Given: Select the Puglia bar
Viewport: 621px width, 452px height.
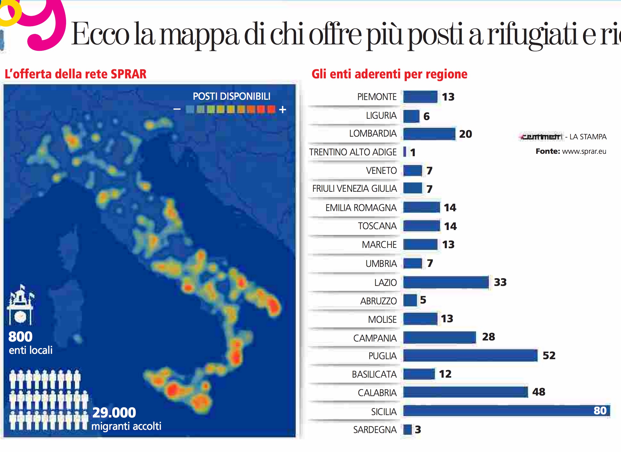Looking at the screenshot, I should pos(470,355).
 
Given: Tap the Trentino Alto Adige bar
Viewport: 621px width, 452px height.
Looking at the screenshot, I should pos(405,152).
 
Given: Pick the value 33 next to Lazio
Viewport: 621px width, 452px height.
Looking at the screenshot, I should pos(500,282).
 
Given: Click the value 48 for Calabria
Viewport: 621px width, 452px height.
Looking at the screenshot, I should pos(538,392).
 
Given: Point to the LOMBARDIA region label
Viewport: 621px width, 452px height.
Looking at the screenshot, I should pos(373,134).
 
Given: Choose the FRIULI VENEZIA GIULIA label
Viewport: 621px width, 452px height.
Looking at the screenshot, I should pos(354,189).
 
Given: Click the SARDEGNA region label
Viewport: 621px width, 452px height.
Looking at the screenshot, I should pos(375,430).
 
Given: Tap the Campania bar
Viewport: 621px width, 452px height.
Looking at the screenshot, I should pos(439,337).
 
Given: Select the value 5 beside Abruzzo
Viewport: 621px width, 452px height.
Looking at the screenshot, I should pos(423,300).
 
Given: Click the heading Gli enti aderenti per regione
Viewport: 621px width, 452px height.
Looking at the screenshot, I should pos(389,74).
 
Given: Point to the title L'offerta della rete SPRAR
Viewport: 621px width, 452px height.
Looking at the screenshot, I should pos(76,74).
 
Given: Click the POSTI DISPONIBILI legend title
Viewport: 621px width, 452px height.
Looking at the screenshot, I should pos(231,96).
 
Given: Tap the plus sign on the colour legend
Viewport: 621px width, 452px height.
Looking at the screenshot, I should pos(283,110).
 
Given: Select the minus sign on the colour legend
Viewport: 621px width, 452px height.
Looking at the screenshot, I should pos(177,109).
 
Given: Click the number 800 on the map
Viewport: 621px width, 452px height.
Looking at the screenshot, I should pos(20,337).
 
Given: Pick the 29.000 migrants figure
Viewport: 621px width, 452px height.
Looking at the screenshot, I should pos(114,413).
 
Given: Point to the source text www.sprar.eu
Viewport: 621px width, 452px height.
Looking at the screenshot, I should pos(584,151).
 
